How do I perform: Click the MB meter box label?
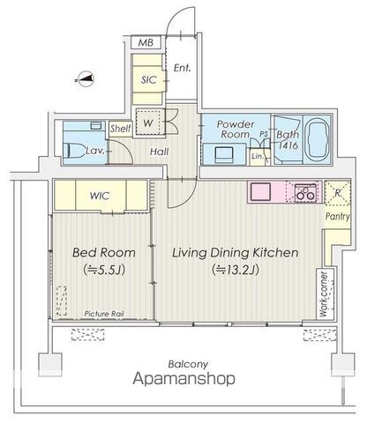point(146,43)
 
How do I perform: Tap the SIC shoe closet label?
point(149,79)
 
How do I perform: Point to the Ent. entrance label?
point(182,68)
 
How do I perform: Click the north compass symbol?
point(85,79)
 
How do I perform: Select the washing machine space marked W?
point(149,122)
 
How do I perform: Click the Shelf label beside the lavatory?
point(121,129)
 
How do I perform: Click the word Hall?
point(159,152)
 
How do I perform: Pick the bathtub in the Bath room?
point(317,139)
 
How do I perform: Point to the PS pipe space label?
point(264,134)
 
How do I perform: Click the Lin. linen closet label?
point(258,156)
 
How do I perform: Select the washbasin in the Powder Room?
point(223,154)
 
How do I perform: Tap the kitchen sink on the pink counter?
point(260,192)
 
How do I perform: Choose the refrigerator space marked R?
point(338,193)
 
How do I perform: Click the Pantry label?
point(338,217)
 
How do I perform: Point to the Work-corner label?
point(324,294)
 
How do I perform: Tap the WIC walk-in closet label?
point(100,196)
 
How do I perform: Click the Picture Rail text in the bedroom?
point(104,314)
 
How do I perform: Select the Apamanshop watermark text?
point(184,378)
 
